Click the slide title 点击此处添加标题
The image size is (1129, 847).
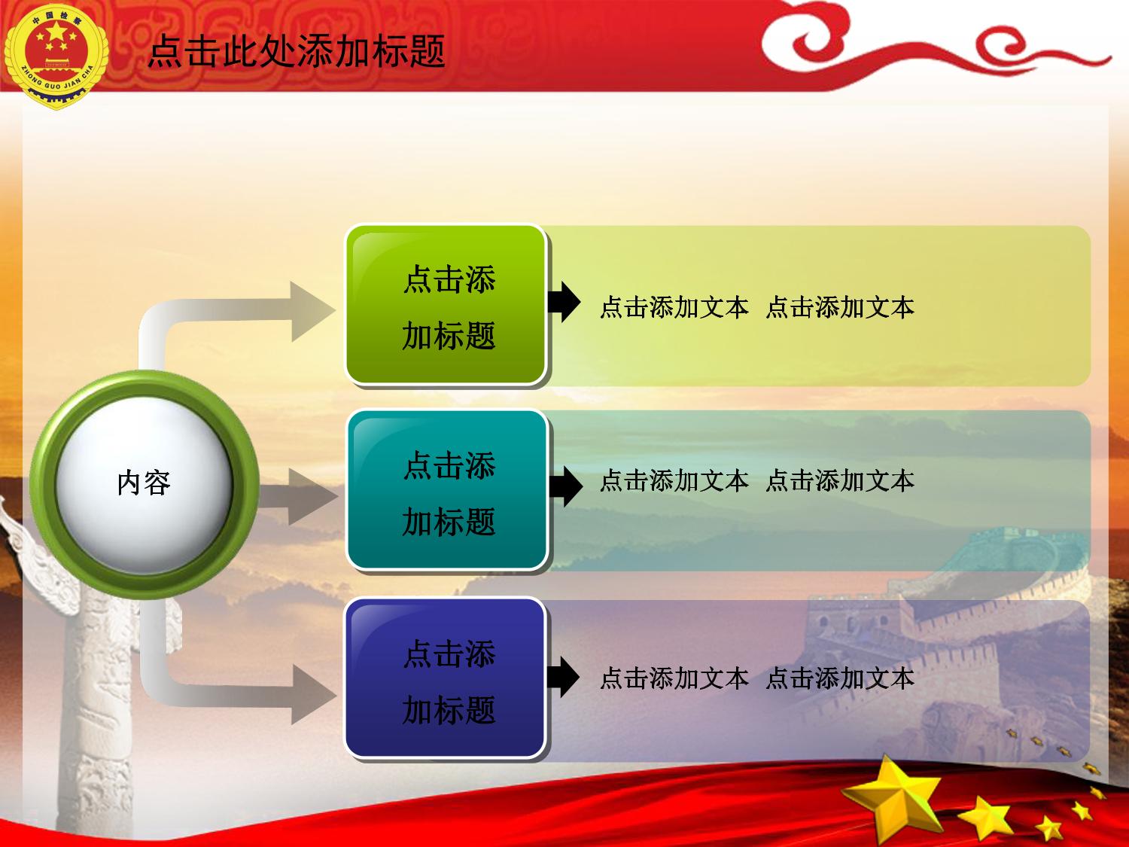tap(297, 51)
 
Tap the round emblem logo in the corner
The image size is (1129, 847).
tap(56, 56)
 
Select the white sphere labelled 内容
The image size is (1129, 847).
tap(144, 484)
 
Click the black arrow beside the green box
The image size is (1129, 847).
tap(564, 302)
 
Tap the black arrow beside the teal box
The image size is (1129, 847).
tap(566, 486)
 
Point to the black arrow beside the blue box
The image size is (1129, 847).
tap(563, 677)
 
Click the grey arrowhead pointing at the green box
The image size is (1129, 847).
tap(311, 311)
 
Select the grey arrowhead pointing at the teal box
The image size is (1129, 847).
tap(312, 496)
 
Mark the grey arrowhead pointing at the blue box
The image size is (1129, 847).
tap(312, 694)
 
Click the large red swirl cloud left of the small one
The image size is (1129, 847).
tap(818, 41)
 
